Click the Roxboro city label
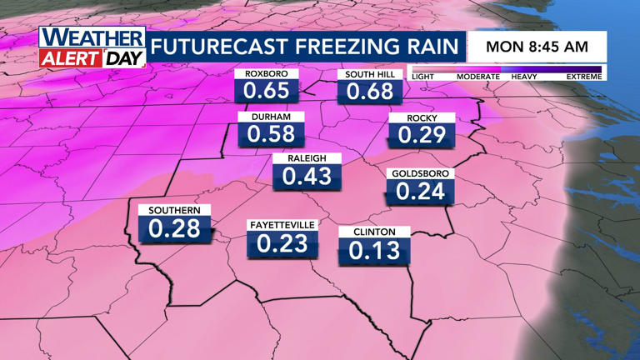click(266, 73)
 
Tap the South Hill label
click(369, 74)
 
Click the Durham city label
click(271, 117)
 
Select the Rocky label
click(422, 118)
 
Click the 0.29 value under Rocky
click(422, 135)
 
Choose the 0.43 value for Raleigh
click(307, 176)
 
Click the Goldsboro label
click(420, 173)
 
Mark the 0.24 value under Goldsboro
click(420, 192)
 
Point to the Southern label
click(174, 210)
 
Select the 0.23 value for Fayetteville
click(282, 243)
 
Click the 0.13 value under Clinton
click(374, 249)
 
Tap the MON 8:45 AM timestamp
click(537, 47)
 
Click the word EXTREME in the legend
click(583, 77)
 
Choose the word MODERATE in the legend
click(477, 77)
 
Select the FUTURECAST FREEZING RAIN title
click(306, 46)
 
